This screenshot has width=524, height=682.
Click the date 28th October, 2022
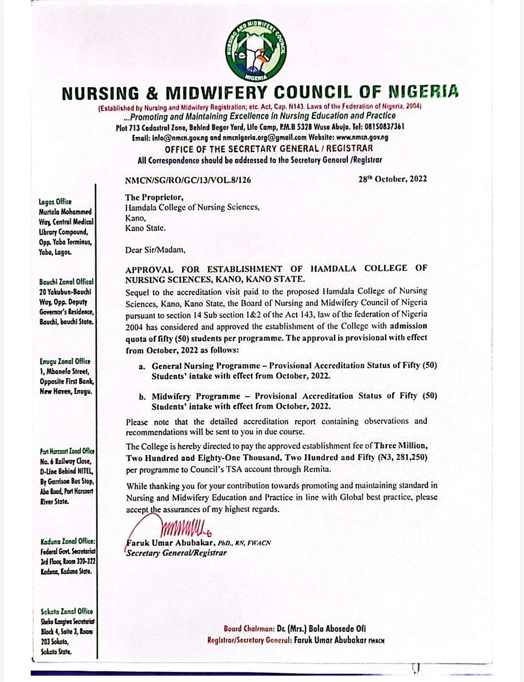pyautogui.click(x=392, y=179)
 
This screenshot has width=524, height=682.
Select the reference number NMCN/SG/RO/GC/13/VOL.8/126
pyautogui.click(x=188, y=180)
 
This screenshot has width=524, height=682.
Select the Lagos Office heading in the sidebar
pyautogui.click(x=55, y=202)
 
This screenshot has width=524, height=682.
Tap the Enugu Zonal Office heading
pyautogui.click(x=64, y=361)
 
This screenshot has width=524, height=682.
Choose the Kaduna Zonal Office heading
pyautogui.click(x=67, y=541)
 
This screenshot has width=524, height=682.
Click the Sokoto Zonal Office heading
pyautogui.click(x=66, y=611)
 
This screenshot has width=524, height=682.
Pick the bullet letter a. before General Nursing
pyautogui.click(x=142, y=366)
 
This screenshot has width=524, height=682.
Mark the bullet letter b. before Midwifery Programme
pyautogui.click(x=142, y=397)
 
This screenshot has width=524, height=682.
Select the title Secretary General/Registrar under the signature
pyautogui.click(x=177, y=553)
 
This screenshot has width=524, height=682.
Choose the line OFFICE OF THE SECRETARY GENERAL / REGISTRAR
pyautogui.click(x=269, y=149)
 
